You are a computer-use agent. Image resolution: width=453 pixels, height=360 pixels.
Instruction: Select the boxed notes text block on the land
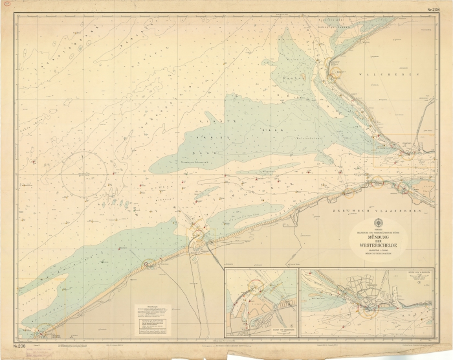click(152, 320)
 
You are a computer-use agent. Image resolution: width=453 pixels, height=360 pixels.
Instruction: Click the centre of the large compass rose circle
click(84, 174)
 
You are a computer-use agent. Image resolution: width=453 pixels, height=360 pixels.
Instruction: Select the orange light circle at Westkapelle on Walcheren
click(335, 73)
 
